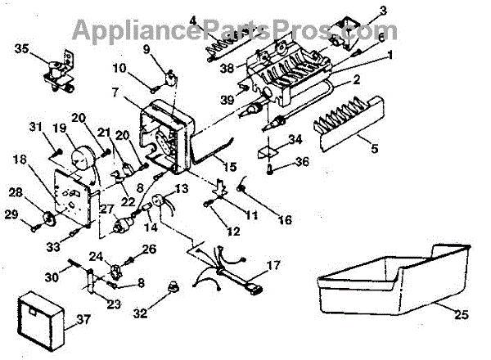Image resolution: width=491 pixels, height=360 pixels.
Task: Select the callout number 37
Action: [x=84, y=322]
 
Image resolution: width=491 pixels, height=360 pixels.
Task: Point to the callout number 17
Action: [x=273, y=265]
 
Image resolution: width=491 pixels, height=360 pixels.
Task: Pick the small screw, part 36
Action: [x=271, y=169]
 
